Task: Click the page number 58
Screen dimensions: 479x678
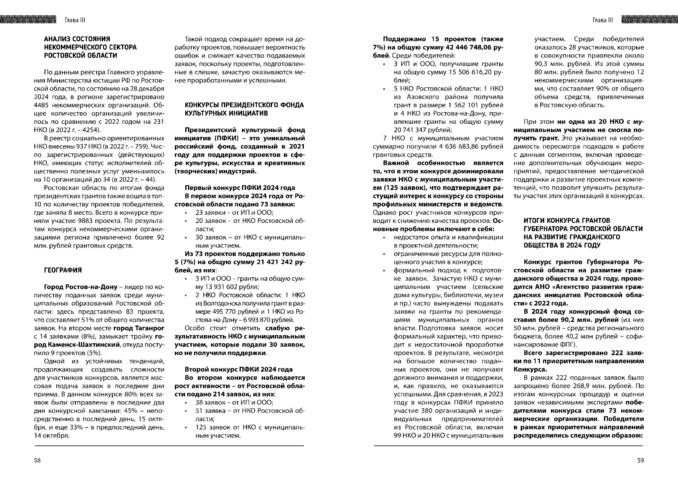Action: (37, 460)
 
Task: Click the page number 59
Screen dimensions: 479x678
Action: (640, 460)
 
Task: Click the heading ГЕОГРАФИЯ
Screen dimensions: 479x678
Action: (63, 270)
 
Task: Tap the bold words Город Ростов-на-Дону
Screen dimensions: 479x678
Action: (81, 287)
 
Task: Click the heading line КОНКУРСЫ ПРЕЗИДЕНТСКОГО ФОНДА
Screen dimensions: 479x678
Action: (244, 105)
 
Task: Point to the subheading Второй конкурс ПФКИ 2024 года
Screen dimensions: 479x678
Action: (238, 369)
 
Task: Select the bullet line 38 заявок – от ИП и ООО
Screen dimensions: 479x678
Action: (234, 402)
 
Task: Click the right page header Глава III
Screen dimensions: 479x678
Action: (603, 20)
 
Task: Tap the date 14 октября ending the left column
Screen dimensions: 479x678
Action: (52, 435)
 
